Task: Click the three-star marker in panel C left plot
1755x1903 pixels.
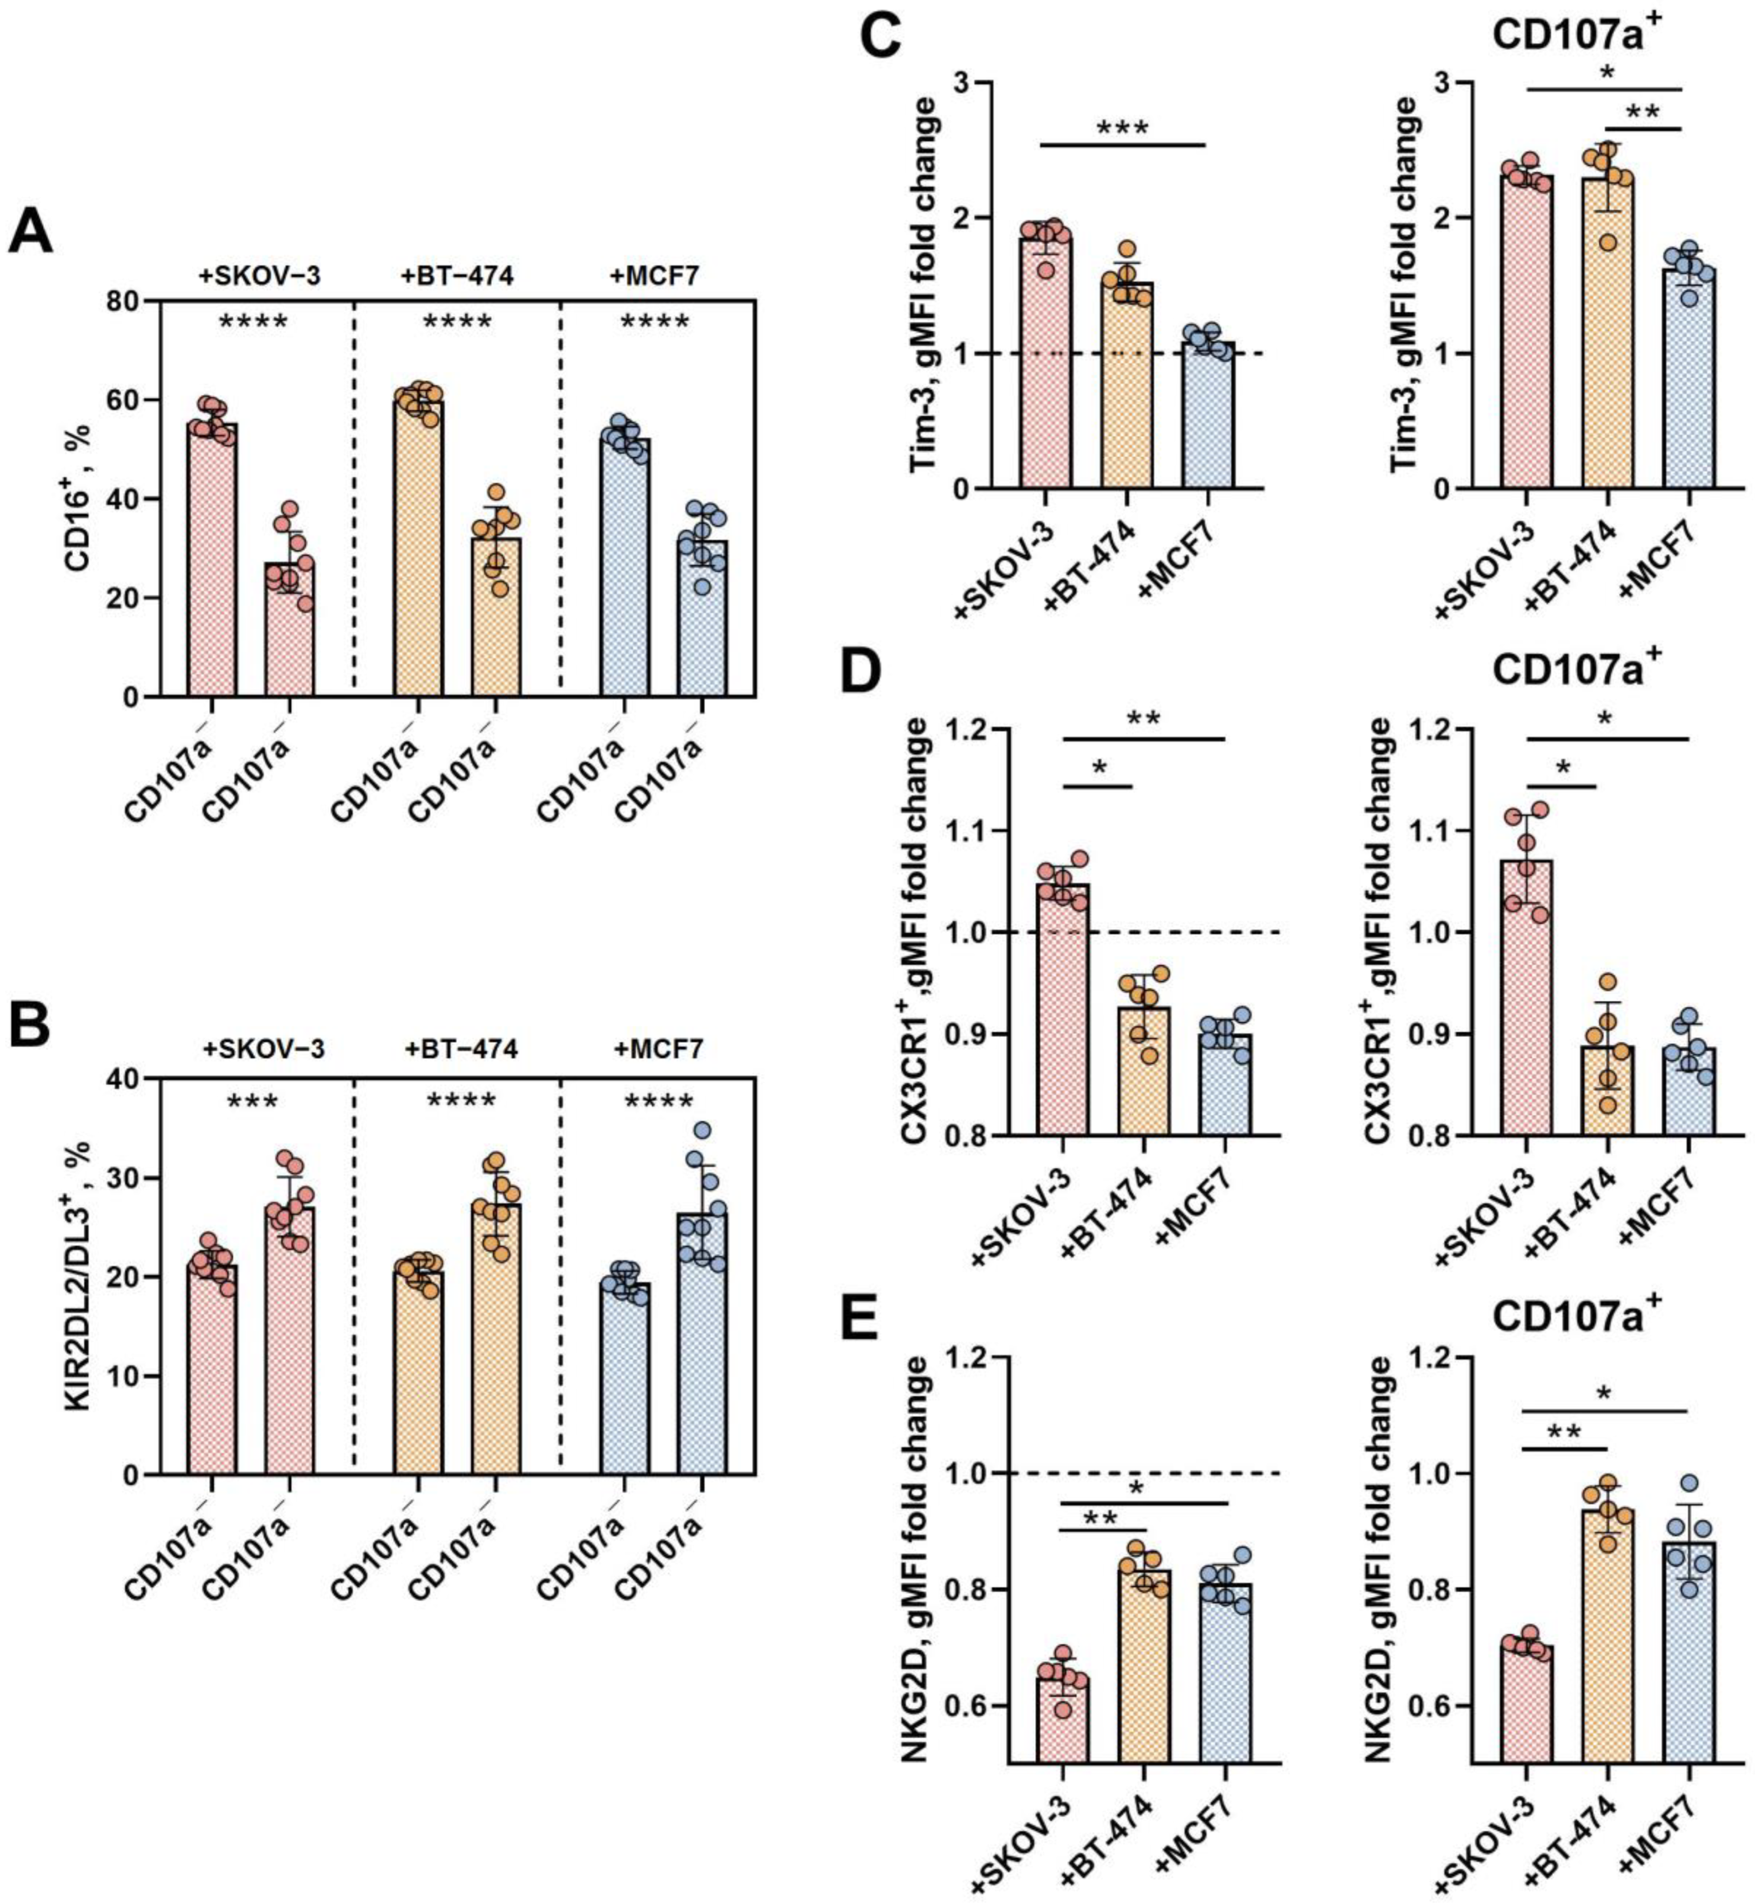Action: (1122, 128)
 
